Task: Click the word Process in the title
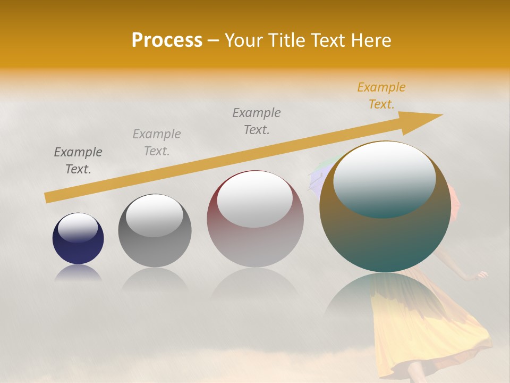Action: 167,40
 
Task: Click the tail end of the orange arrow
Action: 49,198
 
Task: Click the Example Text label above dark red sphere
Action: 257,121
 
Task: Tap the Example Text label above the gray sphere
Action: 157,142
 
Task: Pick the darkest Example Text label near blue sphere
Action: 78,161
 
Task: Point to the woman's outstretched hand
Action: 481,275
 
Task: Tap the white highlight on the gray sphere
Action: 155,215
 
